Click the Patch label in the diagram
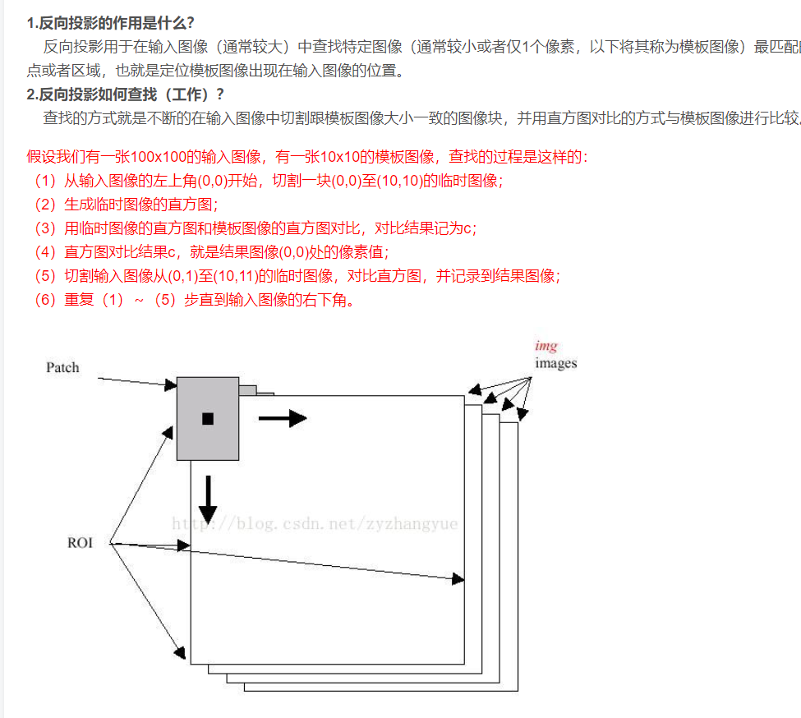62,367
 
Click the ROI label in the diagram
80,543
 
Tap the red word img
546,347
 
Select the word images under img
556,363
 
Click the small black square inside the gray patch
207,419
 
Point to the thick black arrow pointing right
282,418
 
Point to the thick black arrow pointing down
208,499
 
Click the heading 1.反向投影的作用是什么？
111,22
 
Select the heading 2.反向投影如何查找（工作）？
126,94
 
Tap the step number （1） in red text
44,181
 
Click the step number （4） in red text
44,252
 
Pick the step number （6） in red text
44,300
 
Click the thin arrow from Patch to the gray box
137,381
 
